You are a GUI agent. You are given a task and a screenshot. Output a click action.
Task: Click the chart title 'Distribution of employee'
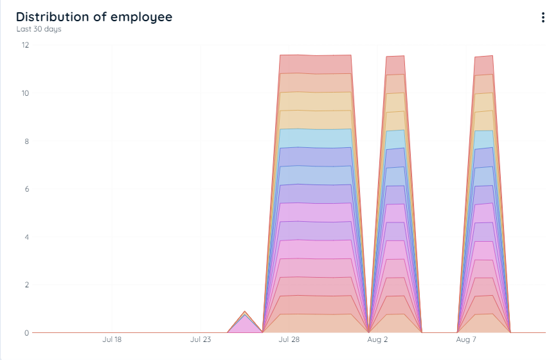94,17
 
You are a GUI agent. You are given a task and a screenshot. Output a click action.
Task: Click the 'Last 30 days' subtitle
39,29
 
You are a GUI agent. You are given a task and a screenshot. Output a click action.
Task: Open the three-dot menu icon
543,17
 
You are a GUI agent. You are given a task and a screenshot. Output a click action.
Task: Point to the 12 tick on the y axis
25,45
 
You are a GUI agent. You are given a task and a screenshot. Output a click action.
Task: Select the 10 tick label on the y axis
25,93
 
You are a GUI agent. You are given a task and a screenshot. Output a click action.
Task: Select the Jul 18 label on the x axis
112,339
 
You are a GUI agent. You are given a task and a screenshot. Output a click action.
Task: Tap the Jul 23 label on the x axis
201,339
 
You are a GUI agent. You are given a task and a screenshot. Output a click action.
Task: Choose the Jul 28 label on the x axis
289,339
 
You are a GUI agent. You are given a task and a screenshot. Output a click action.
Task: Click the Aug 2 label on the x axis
377,339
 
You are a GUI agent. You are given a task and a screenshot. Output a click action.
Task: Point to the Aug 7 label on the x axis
466,339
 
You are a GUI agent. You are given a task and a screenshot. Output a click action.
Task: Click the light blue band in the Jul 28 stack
315,138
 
